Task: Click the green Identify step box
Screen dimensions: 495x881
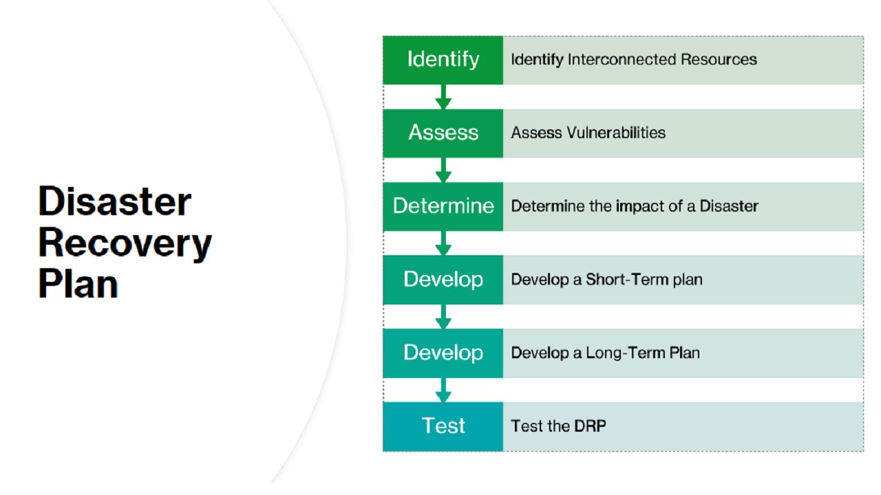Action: tap(443, 60)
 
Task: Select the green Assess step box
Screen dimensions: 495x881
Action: tap(443, 133)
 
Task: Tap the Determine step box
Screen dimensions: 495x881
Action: tap(443, 206)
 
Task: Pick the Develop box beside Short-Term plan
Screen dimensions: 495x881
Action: tap(443, 280)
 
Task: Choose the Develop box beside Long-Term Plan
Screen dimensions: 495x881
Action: tap(443, 353)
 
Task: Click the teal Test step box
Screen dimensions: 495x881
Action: tap(443, 426)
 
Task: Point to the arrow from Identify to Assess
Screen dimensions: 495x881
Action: tap(443, 97)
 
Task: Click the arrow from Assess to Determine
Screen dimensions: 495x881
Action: tap(443, 170)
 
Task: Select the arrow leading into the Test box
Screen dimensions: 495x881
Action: tap(443, 390)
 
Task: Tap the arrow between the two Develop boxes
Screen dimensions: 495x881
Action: tap(443, 316)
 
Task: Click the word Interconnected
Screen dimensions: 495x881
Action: tap(622, 60)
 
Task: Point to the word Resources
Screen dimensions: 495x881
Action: tap(719, 60)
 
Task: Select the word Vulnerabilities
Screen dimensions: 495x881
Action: tap(616, 133)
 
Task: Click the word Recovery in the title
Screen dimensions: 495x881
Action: tap(125, 242)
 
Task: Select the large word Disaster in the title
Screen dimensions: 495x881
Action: tap(114, 201)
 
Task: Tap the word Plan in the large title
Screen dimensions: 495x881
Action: tap(78, 283)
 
